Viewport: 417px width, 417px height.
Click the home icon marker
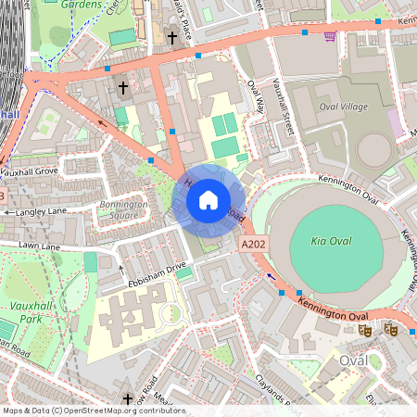(x=208, y=199)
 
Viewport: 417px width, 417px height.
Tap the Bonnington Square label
(x=124, y=208)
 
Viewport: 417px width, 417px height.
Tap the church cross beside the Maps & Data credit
(x=127, y=398)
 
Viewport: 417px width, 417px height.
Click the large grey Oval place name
(x=353, y=360)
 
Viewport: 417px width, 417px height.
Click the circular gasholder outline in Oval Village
(x=374, y=149)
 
